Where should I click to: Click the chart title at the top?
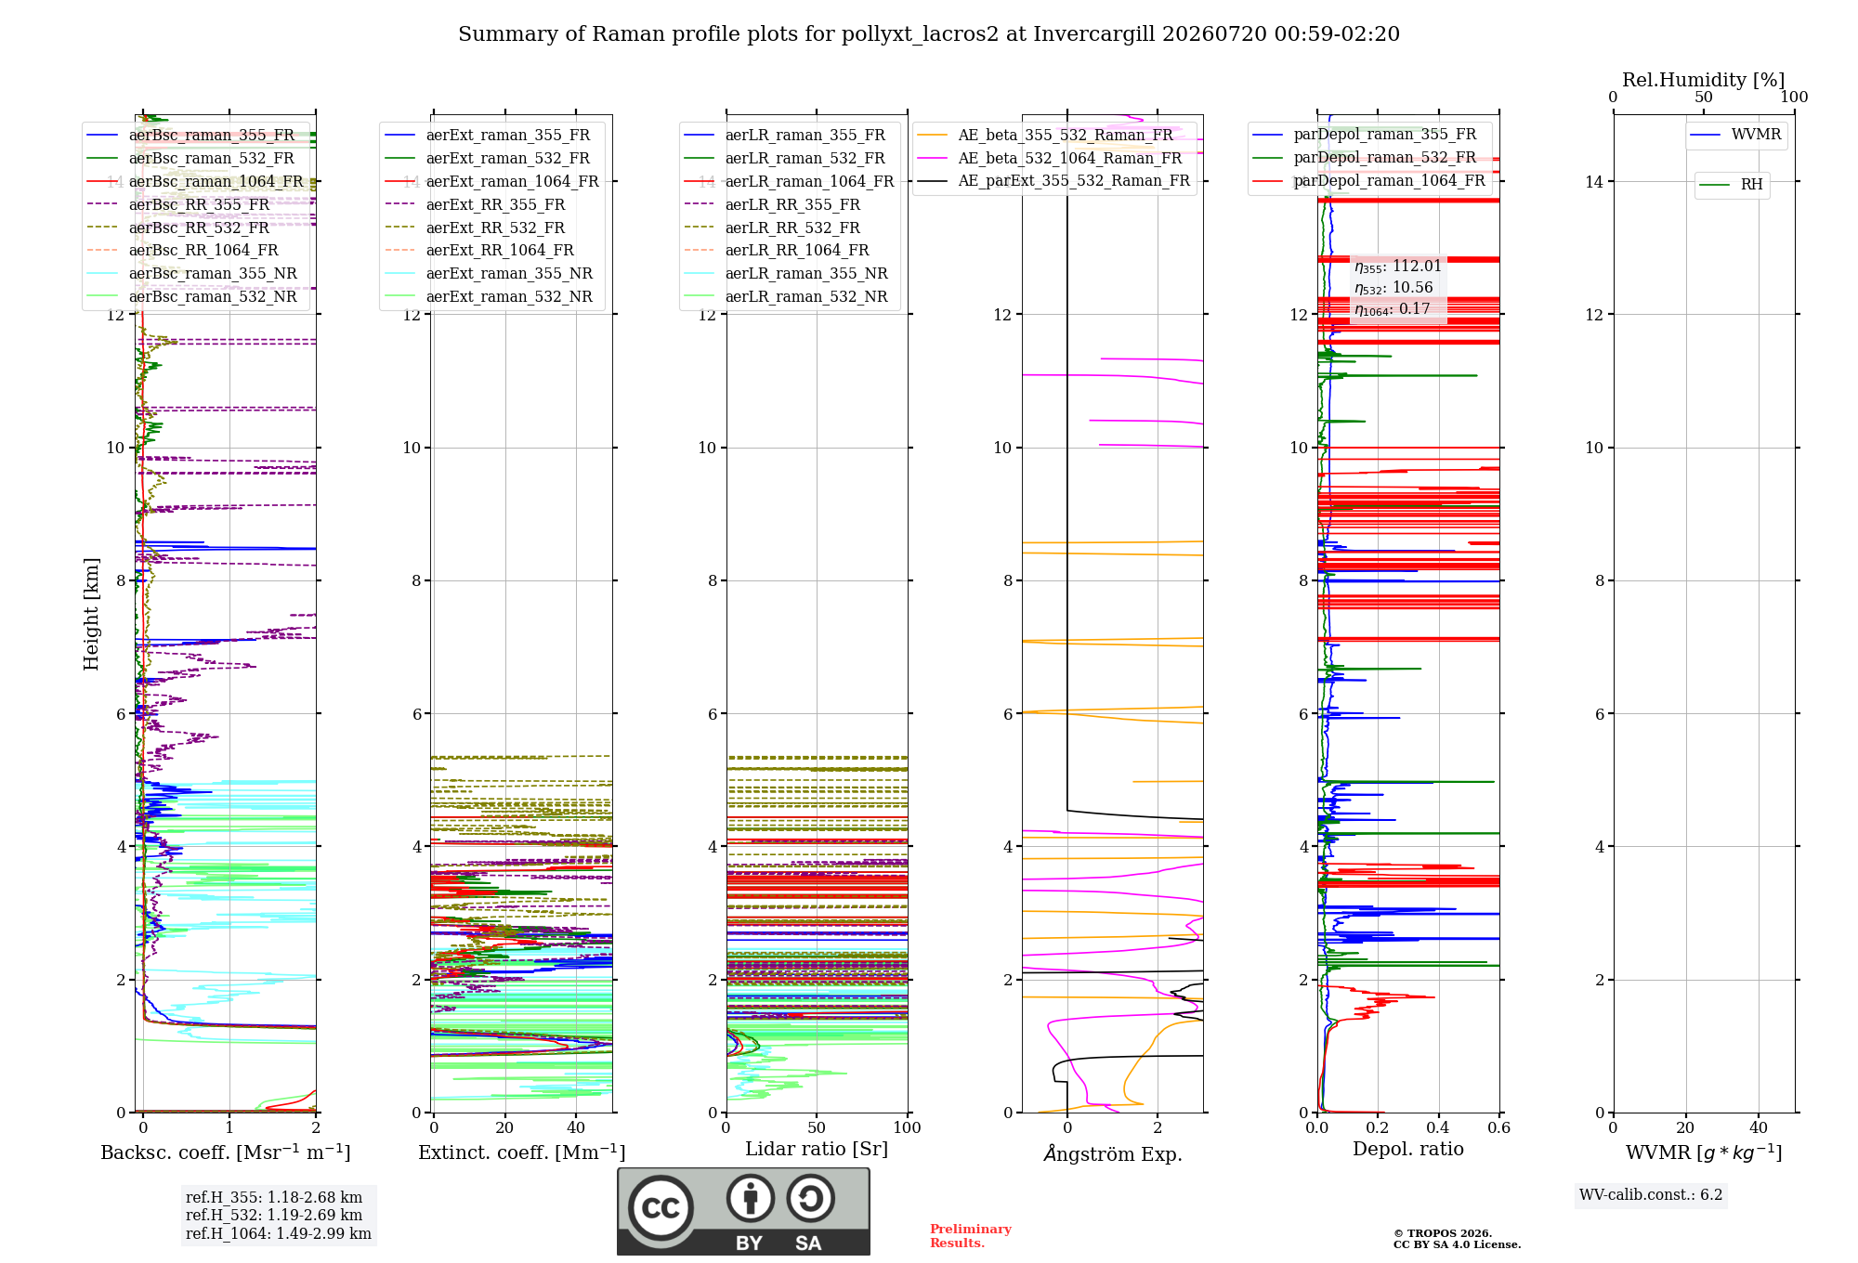[929, 34]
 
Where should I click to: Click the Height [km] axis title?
[91, 614]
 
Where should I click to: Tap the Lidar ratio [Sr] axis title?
[817, 1149]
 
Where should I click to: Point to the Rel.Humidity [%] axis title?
[1704, 80]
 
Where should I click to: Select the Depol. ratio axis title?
[1408, 1149]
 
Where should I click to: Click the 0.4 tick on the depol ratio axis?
[1438, 1127]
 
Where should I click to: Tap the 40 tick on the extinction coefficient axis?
[576, 1127]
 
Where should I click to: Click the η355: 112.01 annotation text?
[1398, 267]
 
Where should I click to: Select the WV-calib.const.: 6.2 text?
[1651, 1195]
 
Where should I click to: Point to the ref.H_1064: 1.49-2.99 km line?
[279, 1234]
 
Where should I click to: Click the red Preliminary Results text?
[971, 1236]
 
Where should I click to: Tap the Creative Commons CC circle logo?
[661, 1208]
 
